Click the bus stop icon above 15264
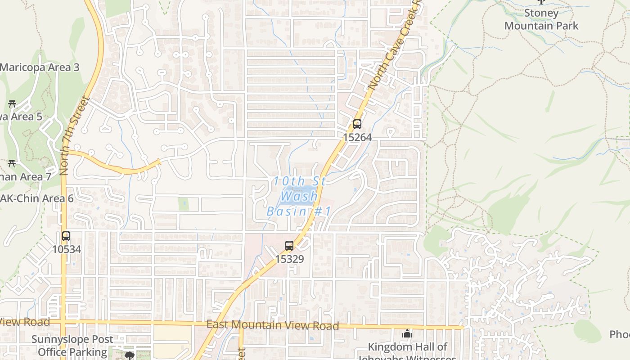click(357, 124)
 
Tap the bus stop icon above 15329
click(289, 246)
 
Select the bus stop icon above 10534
click(66, 236)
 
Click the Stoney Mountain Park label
click(541, 19)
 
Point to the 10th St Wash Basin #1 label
click(299, 197)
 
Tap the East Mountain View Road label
click(272, 324)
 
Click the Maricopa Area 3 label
click(40, 67)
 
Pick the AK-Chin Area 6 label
click(37, 198)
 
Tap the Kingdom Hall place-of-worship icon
click(407, 333)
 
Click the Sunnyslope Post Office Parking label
click(72, 346)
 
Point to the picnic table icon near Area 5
click(12, 103)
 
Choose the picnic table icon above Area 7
click(12, 163)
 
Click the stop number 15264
click(357, 137)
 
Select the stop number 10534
click(67, 249)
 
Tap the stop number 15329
click(289, 259)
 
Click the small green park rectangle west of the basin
click(183, 204)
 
